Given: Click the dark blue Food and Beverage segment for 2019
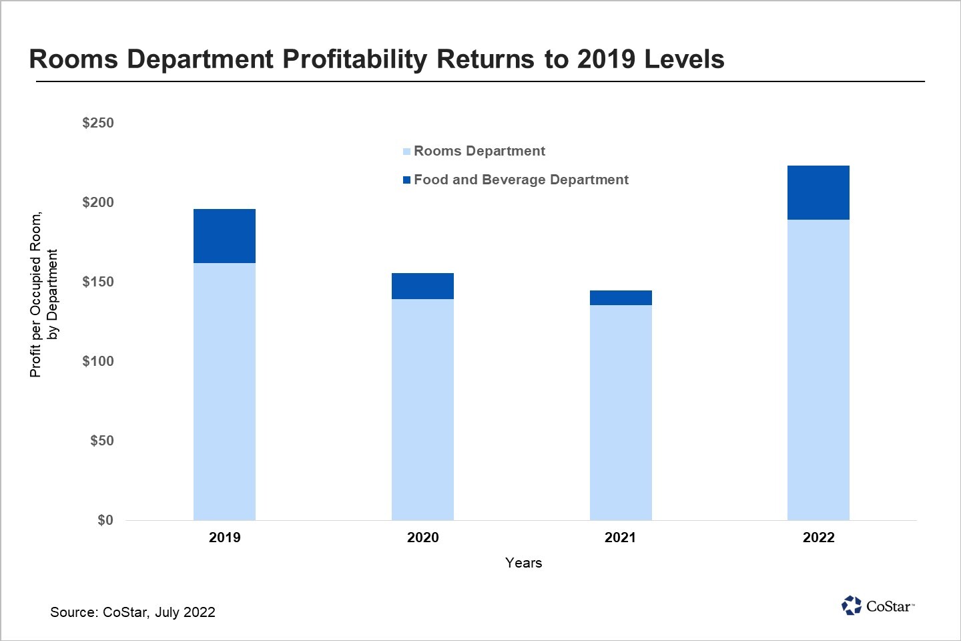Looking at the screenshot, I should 224,236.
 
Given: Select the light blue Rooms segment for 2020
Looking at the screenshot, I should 422,409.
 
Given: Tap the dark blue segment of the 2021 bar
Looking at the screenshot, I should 621,298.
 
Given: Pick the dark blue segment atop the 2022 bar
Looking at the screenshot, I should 818,192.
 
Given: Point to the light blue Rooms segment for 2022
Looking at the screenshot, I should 818,370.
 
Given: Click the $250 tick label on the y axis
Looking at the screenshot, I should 98,123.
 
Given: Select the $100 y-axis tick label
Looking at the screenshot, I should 98,361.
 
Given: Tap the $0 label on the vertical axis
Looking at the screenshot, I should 105,520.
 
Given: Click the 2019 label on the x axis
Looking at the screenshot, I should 224,538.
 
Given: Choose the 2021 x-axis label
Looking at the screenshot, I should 621,538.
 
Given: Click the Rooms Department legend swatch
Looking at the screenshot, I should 406,152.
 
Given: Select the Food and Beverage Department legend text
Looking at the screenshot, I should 521,180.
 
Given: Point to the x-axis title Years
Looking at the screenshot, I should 524,563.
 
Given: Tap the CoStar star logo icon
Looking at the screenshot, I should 852,606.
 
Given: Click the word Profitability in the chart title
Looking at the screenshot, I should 354,59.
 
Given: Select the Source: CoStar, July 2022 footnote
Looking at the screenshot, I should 133,612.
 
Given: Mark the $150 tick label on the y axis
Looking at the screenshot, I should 98,282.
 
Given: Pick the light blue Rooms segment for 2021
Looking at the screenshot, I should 621,413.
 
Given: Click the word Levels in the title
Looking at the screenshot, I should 684,59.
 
